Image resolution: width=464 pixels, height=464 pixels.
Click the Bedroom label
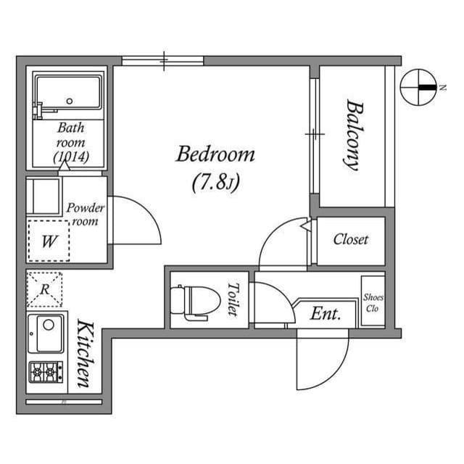pos(215,154)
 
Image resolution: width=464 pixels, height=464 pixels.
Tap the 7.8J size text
pos(216,181)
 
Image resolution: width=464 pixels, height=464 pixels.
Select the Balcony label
pos(353,135)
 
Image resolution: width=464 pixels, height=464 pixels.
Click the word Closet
pos(351,239)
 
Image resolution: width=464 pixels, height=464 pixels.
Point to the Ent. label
pos(326,314)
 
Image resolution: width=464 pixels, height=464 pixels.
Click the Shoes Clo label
pos(373,303)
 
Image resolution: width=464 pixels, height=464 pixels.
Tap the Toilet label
pos(233,299)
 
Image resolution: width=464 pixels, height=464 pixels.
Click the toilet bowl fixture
pos(195,302)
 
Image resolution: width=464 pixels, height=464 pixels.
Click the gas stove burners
pos(46,372)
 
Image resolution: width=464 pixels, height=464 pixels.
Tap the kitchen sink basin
pos(49,333)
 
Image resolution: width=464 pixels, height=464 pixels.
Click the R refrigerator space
pos(44,289)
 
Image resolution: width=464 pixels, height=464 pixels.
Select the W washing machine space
pos(49,241)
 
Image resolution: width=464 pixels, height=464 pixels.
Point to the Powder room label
pos(86,215)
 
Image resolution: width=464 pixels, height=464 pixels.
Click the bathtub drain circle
pos(70,101)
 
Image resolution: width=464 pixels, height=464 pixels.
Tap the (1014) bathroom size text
pos(71,157)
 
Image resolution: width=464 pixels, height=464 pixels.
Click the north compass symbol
pos(418,87)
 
